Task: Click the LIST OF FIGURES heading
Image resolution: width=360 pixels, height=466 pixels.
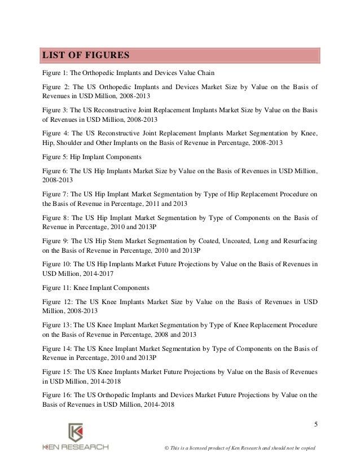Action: [x=83, y=55]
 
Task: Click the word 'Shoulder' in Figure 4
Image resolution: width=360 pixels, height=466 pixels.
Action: [x=68, y=143]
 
